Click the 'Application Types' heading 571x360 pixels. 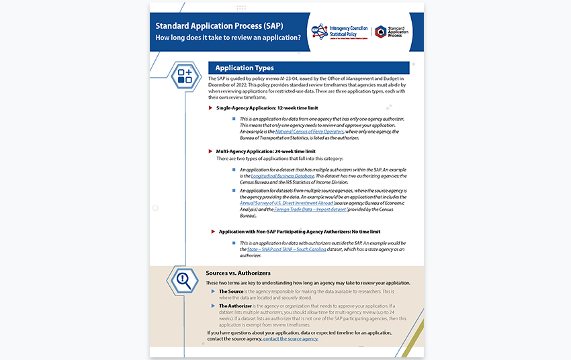(245, 68)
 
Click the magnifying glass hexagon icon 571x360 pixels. (183, 281)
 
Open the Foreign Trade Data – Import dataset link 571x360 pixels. (310, 210)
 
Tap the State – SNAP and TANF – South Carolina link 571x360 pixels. (287, 249)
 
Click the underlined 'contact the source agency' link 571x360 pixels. (290, 339)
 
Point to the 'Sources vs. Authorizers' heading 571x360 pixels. (238, 273)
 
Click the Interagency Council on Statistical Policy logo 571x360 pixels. (339, 32)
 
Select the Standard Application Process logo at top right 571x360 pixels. (391, 32)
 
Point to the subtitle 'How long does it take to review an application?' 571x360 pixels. (228, 38)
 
